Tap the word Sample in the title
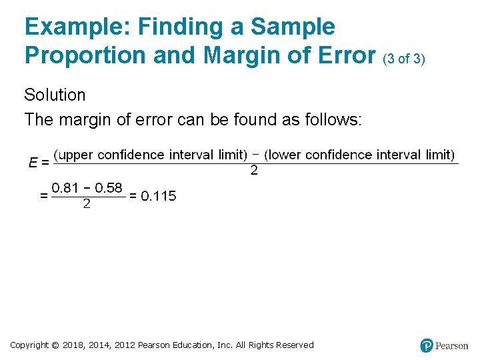coord(293,27)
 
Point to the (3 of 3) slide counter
coord(403,59)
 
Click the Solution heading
coord(55,95)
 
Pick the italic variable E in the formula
coord(33,161)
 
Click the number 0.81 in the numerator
coord(66,188)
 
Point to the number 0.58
coord(109,188)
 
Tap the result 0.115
coord(158,196)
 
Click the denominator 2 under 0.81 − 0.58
coord(87,205)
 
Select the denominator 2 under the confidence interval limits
coord(254,171)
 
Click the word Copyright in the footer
coord(29,345)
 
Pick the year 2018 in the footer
coord(74,345)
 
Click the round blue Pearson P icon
coord(427,345)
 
